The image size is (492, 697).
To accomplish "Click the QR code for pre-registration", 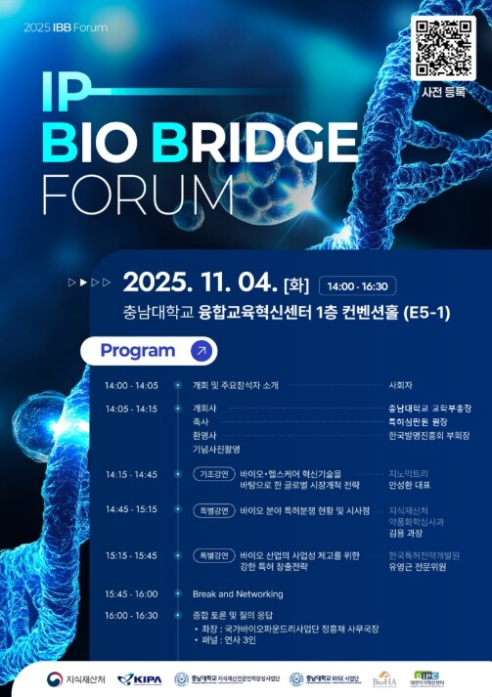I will pos(441,48).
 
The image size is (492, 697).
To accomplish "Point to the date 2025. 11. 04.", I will pos(200,284).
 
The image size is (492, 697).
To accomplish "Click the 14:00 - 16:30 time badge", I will pos(359,286).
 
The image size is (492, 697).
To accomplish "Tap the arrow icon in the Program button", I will pos(201,350).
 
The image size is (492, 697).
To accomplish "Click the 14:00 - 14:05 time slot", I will pos(131,385).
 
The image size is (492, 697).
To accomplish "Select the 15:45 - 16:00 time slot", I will pos(131,593).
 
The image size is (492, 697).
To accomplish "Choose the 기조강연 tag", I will pos(214,473).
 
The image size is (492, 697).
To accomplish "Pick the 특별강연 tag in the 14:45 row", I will pos(214,510).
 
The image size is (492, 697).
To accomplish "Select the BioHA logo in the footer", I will pos(382,677).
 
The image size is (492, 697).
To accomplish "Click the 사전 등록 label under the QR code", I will pos(442,92).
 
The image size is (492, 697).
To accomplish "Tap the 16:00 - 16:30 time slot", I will pos(131,615).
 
